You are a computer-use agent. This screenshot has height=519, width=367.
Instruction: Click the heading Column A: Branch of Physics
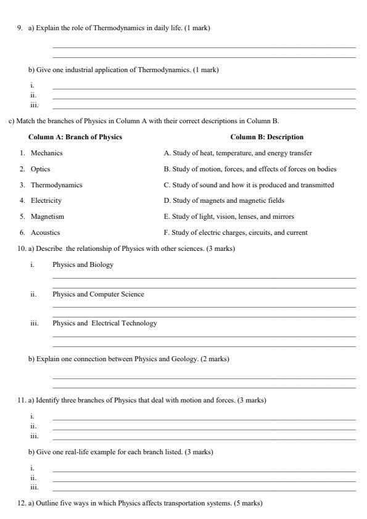pos(75,137)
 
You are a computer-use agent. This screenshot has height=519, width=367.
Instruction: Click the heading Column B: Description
pos(267,137)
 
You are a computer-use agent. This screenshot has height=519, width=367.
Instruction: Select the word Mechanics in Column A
pos(47,153)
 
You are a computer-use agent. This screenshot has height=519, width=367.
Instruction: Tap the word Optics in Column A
pos(41,169)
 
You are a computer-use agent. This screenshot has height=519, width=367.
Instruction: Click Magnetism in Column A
pos(47,216)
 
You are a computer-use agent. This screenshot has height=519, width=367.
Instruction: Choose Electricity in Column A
pos(46,200)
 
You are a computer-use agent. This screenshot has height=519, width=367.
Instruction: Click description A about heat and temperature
pos(237,153)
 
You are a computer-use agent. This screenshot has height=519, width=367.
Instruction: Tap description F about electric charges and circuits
pos(236,232)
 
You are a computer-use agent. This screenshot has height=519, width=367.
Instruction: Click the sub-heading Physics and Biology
pos(83,264)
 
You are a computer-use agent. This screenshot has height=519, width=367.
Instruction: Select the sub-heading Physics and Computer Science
pos(98,294)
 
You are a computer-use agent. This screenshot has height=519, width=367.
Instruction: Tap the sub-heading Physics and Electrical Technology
pos(104,323)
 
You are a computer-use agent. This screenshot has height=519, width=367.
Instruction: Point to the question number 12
pos(21,504)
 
